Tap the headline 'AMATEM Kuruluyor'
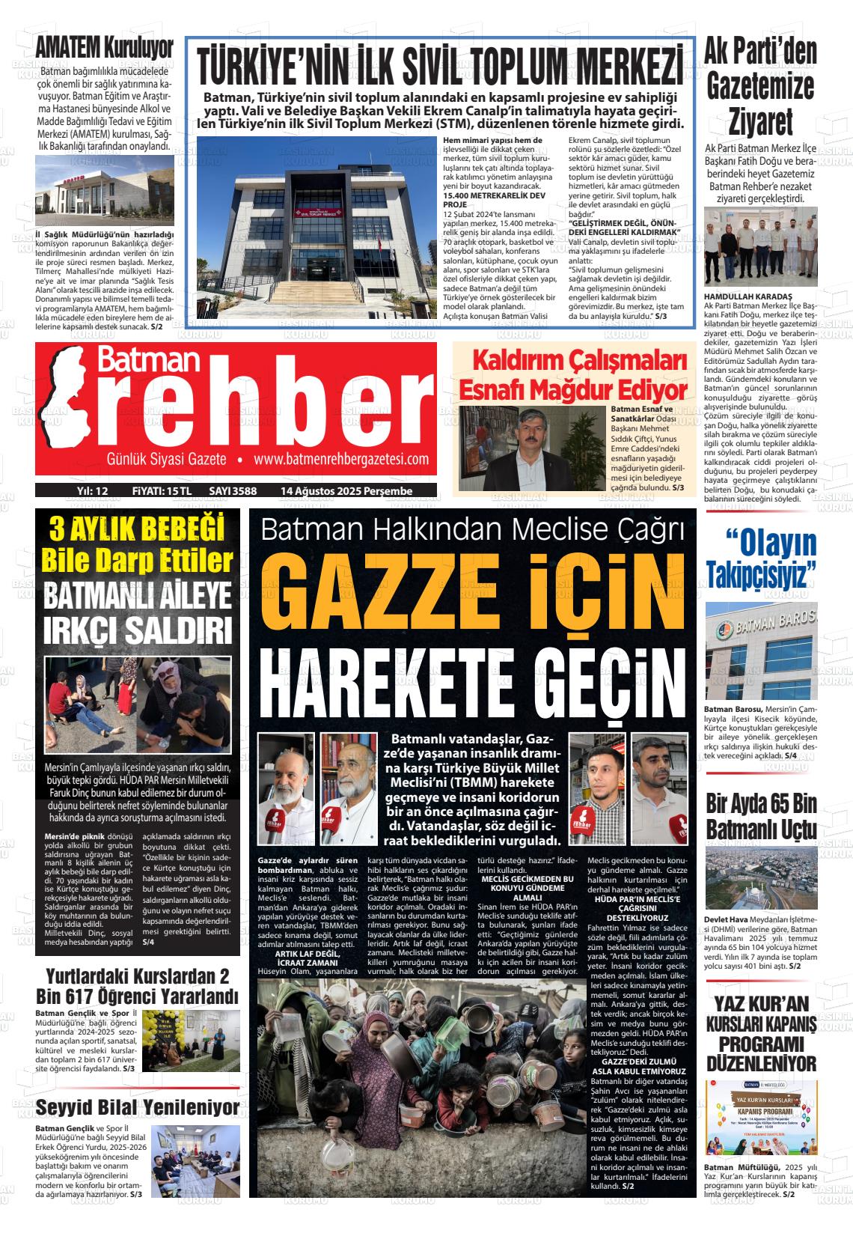tap(105, 47)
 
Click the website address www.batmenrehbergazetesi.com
tap(341, 459)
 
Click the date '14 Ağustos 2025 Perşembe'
tap(346, 490)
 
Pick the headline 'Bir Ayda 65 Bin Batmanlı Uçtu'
tap(761, 816)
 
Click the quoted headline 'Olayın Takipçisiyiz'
tap(761, 558)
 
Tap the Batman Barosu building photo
tap(761, 651)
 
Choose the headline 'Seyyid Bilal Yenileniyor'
tap(138, 1107)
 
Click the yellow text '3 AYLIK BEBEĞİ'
tap(138, 530)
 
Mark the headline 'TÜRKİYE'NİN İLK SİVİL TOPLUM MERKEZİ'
tap(440, 67)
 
